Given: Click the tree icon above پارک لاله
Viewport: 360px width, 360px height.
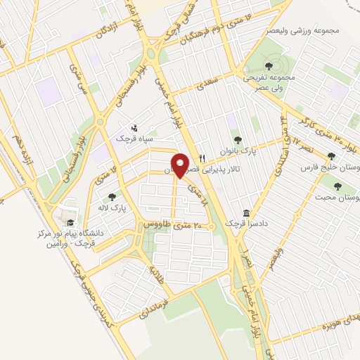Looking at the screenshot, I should (x=111, y=196).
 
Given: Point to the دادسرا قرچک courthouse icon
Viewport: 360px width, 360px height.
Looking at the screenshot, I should (x=246, y=212).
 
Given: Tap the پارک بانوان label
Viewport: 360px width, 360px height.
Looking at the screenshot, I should (x=257, y=150).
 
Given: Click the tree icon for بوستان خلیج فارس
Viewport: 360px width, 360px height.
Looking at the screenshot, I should (x=331, y=156).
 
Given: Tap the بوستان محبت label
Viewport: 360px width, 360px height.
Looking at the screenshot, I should (x=337, y=199).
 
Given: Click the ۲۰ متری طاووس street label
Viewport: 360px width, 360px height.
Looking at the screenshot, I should (x=173, y=225).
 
